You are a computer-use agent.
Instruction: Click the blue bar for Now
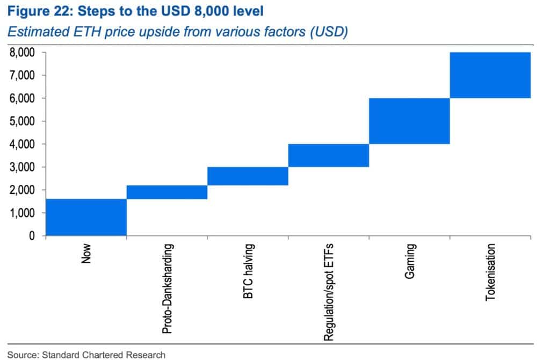pyautogui.click(x=86, y=217)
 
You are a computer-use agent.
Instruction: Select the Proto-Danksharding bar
pyautogui.click(x=167, y=192)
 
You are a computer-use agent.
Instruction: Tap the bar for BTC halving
pyautogui.click(x=248, y=176)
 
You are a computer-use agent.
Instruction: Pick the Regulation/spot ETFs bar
pyautogui.click(x=328, y=155)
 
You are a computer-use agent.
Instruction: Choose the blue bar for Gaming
pyautogui.click(x=409, y=121)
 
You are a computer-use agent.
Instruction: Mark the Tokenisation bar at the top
pyautogui.click(x=490, y=75)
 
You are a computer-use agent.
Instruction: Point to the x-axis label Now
pyautogui.click(x=86, y=254)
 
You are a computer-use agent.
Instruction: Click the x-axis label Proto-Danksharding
pyautogui.click(x=168, y=289)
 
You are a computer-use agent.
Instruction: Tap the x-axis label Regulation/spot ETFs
pyautogui.click(x=329, y=293)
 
